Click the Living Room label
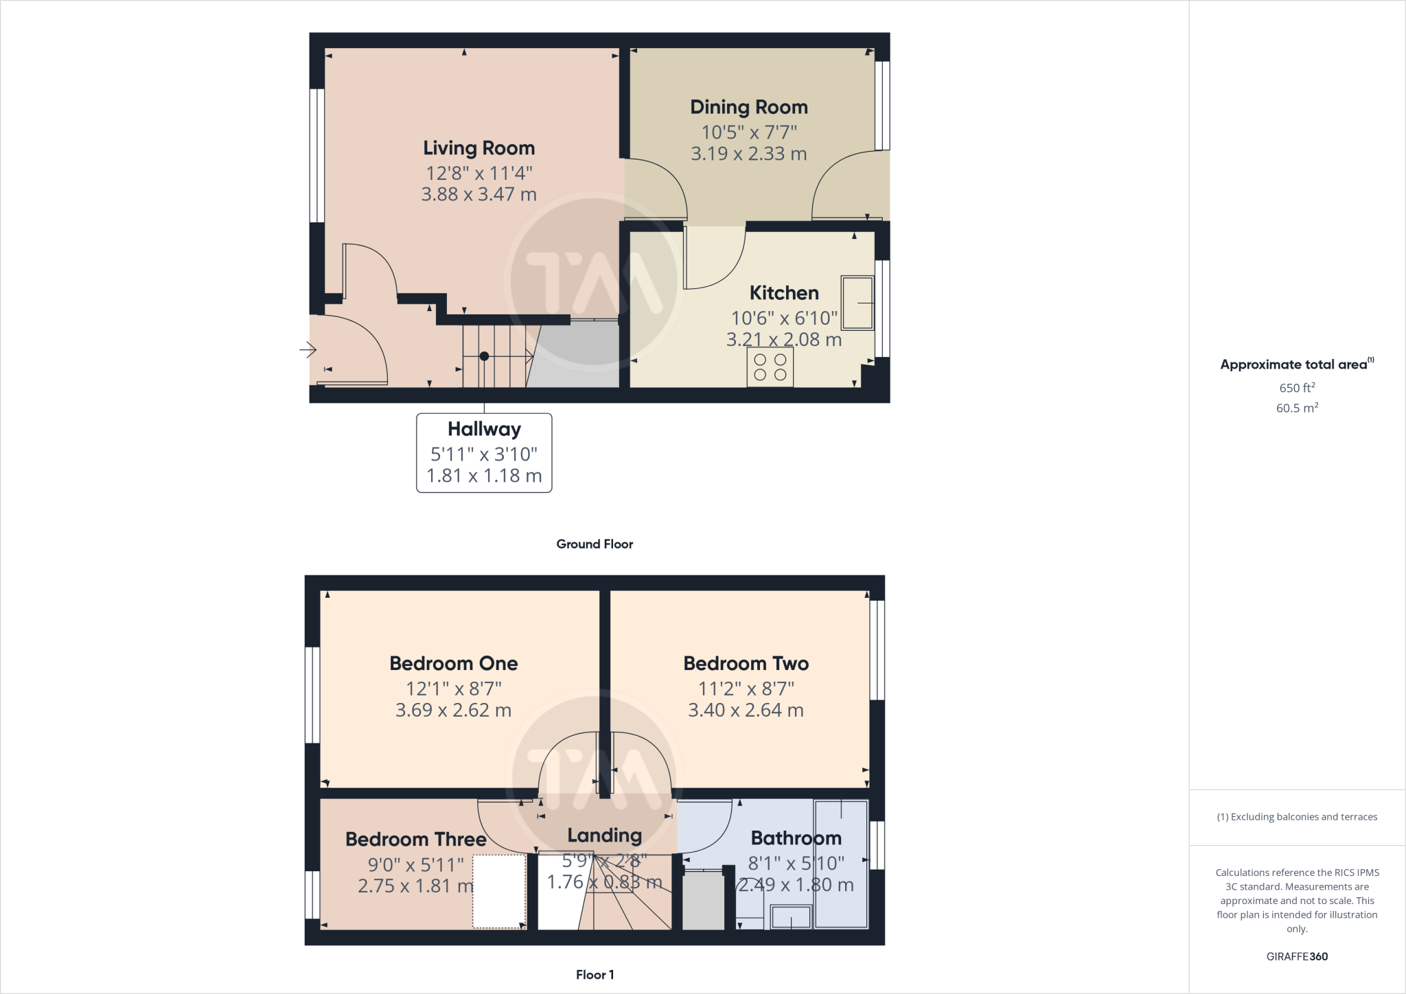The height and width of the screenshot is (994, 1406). click(x=479, y=148)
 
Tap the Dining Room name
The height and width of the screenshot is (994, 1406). click(x=748, y=107)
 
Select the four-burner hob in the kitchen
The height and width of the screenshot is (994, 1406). click(x=770, y=367)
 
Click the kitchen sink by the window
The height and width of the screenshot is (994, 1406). click(x=857, y=303)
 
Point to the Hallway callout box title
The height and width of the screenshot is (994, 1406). click(x=484, y=429)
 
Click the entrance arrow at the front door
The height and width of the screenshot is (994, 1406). click(x=308, y=350)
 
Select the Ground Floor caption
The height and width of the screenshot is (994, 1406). click(x=595, y=544)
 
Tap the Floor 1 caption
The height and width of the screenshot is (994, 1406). click(x=595, y=974)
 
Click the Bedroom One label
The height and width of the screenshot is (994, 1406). click(x=453, y=663)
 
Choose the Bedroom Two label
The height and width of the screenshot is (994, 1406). click(x=746, y=663)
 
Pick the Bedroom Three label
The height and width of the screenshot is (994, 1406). click(x=415, y=839)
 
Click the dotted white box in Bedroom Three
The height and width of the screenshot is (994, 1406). click(x=499, y=891)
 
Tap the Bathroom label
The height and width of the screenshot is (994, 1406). click(x=796, y=837)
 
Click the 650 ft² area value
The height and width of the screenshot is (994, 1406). click(x=1297, y=387)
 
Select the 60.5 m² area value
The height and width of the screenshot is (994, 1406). click(x=1297, y=408)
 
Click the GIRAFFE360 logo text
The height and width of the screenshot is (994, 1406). click(x=1297, y=956)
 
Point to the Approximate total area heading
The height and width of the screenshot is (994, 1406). click(x=1295, y=365)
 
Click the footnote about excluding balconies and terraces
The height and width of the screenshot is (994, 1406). click(x=1297, y=817)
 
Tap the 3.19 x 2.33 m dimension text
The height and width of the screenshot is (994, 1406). click(x=748, y=154)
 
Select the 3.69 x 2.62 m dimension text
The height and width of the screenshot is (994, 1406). click(x=453, y=710)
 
